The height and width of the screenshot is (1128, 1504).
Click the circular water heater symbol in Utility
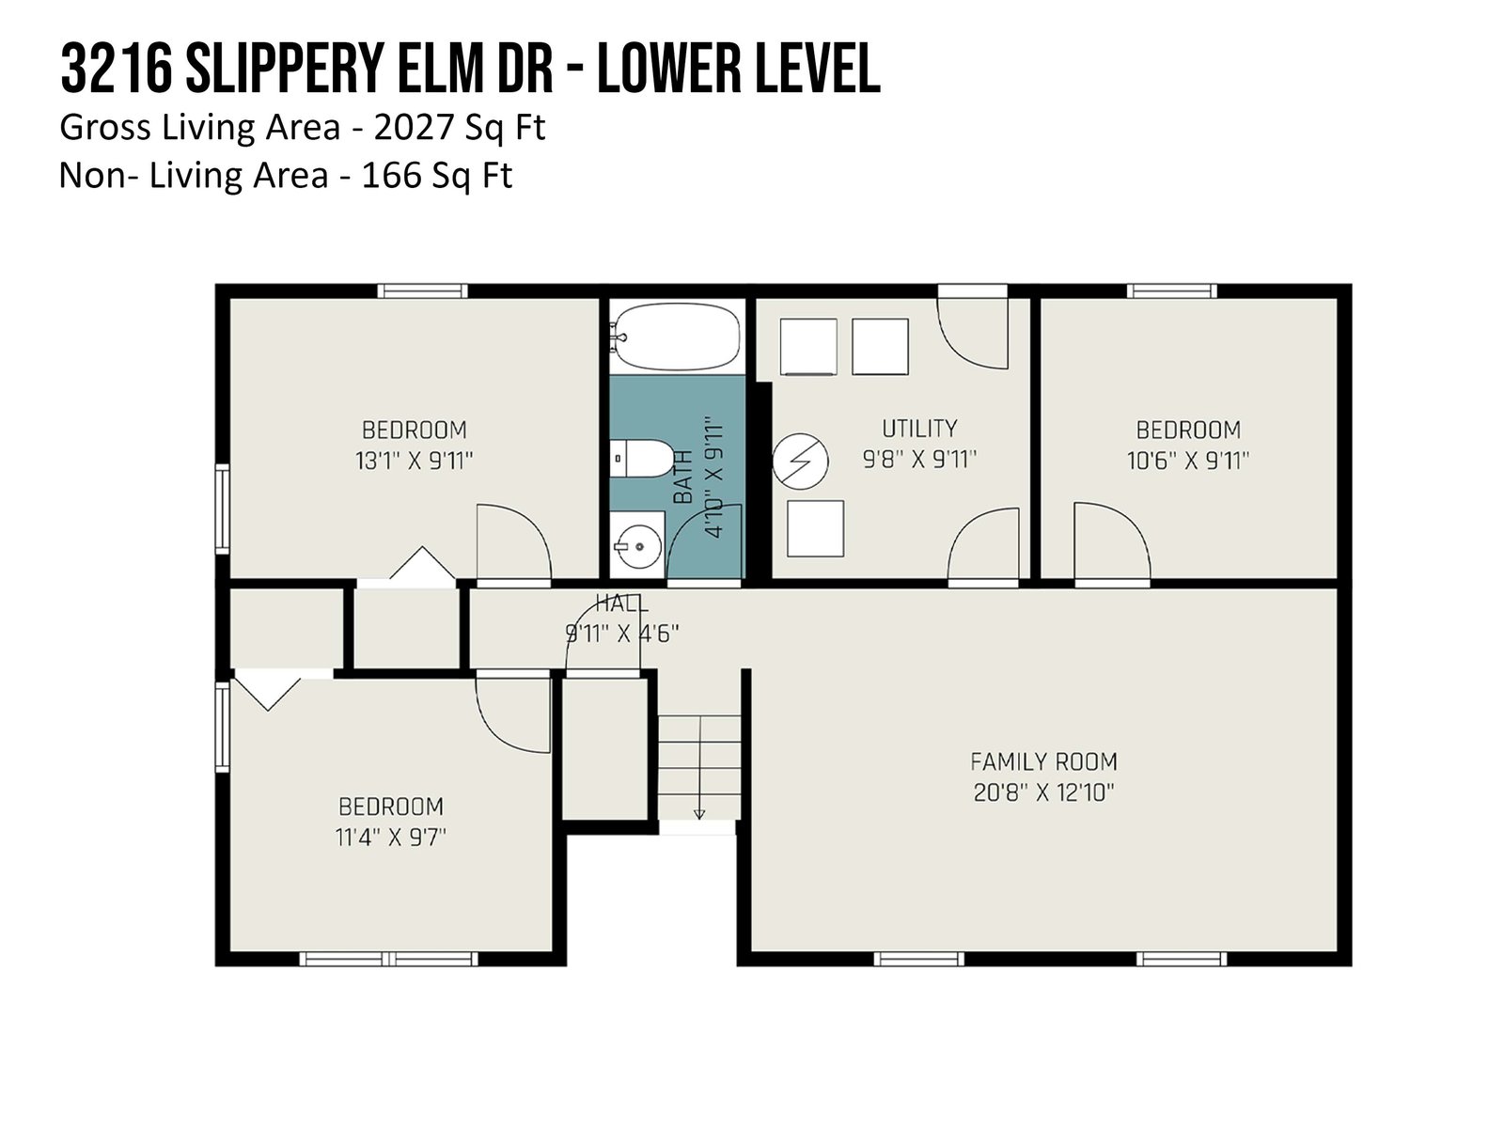800,461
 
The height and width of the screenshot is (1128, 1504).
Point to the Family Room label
1043,761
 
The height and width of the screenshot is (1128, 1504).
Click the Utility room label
918,429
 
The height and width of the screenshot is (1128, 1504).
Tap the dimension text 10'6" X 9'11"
1188,461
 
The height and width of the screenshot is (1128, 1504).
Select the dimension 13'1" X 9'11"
414,461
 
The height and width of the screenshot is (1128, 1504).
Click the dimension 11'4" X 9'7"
390,837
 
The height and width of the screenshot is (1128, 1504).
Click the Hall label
621,603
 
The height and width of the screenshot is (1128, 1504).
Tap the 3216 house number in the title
116,69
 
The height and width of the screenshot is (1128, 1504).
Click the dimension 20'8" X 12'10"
1043,792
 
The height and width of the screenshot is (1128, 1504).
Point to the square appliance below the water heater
815,528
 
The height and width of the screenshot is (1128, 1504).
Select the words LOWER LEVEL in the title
740,69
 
